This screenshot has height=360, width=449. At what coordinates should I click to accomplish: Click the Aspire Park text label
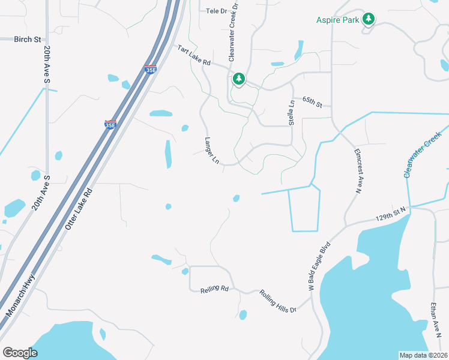[337, 20]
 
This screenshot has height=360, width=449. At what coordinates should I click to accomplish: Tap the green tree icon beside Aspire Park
[369, 19]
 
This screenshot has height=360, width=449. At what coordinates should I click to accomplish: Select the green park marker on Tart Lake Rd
[239, 79]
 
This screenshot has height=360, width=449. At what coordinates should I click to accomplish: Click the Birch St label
[28, 40]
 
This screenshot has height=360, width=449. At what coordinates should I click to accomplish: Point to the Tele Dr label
[217, 11]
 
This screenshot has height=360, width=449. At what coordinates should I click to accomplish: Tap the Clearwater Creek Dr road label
[234, 31]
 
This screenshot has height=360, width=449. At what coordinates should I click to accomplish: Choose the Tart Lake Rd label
[194, 55]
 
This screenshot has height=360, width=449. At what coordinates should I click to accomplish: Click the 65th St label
[313, 101]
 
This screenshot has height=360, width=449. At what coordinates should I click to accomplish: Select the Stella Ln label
[292, 112]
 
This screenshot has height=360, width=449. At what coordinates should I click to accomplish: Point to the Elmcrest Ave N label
[359, 171]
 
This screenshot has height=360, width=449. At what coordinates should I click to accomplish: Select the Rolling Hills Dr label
[278, 301]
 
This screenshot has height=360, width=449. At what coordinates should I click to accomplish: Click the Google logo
[20, 353]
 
